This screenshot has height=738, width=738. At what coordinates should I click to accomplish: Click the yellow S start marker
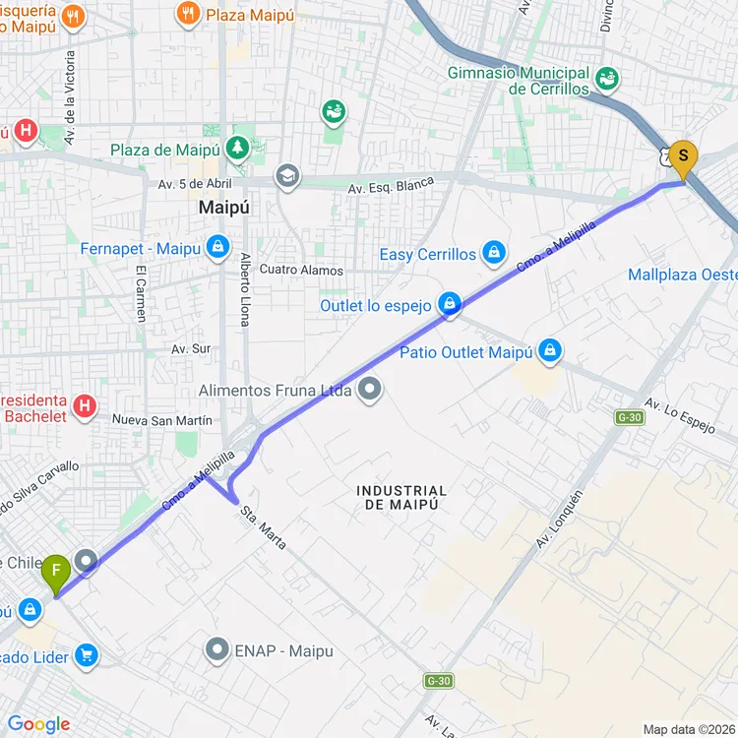click(x=683, y=157)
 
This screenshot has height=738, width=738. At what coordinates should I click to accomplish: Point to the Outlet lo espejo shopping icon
click(x=450, y=303)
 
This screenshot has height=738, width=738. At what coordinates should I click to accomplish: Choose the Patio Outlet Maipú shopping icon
click(x=549, y=351)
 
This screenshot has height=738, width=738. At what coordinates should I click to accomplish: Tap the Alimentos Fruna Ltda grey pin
click(x=370, y=391)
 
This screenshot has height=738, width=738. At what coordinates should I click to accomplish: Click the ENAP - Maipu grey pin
click(x=217, y=649)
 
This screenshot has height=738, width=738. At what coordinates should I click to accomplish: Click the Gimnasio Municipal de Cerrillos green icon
click(x=607, y=77)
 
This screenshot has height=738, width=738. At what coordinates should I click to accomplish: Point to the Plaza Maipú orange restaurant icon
click(x=187, y=14)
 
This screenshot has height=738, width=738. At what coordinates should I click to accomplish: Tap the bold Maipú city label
click(x=224, y=208)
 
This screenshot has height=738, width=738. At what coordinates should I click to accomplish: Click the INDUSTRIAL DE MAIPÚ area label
click(x=401, y=497)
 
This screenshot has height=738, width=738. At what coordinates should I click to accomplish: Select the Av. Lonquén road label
click(x=560, y=519)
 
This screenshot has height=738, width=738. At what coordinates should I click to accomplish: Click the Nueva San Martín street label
click(x=162, y=420)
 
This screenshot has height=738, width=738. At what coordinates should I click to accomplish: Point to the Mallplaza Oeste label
click(x=682, y=275)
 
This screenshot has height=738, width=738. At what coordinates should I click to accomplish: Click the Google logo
click(x=39, y=724)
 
